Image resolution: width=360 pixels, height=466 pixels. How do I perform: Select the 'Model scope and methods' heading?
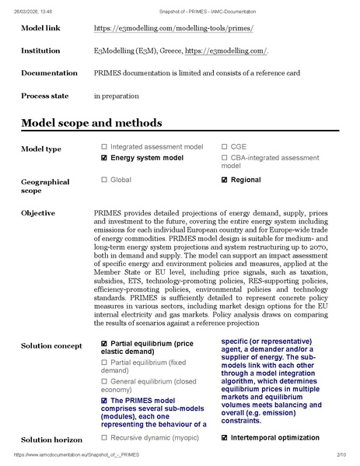coord(92,123)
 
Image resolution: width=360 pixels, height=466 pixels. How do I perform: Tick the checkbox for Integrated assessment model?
coord(104,146)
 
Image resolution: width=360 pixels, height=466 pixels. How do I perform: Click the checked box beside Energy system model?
coord(104,157)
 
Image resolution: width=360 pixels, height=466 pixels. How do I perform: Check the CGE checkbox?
coord(225,146)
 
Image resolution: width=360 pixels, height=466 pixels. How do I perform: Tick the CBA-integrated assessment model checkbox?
coord(225,157)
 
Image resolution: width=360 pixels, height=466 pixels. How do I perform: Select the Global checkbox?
coord(104,180)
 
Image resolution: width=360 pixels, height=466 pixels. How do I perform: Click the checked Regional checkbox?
coord(225,180)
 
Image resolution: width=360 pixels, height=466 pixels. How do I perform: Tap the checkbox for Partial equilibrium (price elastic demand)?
coord(104,343)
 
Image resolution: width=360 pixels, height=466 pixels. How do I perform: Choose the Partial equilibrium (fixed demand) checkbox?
coord(104,362)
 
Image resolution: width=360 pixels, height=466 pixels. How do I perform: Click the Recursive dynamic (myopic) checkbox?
coord(104,438)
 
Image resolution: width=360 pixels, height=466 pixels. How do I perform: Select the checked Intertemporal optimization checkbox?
coord(225,438)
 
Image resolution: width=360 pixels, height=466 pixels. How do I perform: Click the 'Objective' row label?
coord(37,212)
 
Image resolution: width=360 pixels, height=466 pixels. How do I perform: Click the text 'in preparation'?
coord(117,96)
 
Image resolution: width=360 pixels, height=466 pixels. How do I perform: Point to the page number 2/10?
coord(341,454)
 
